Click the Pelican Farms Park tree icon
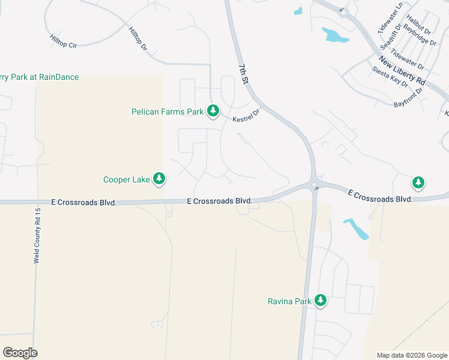(212, 110)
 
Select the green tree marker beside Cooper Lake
(159, 178)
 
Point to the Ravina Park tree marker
(321, 300)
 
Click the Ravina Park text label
(288, 301)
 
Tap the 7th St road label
(244, 74)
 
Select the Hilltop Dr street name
(138, 38)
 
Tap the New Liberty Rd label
(402, 70)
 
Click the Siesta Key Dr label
(390, 77)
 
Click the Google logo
(20, 353)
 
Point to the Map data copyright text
(412, 355)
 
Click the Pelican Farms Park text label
(168, 112)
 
